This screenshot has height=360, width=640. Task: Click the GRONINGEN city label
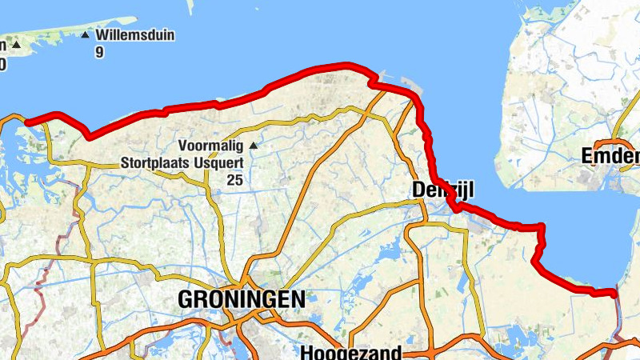click(241, 300)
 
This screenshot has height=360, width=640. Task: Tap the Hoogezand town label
click(350, 352)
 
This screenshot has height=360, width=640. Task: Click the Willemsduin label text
click(135, 36)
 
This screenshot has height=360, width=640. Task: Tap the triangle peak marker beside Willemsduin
click(85, 35)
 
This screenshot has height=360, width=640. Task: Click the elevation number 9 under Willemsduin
click(99, 53)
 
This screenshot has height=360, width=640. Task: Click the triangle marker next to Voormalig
click(254, 146)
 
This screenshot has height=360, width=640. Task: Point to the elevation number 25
click(234, 180)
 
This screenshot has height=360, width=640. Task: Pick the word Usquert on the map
click(218, 162)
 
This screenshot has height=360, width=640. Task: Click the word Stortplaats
click(155, 162)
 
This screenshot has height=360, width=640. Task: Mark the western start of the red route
click(27, 122)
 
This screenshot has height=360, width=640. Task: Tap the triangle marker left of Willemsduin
click(15, 45)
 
